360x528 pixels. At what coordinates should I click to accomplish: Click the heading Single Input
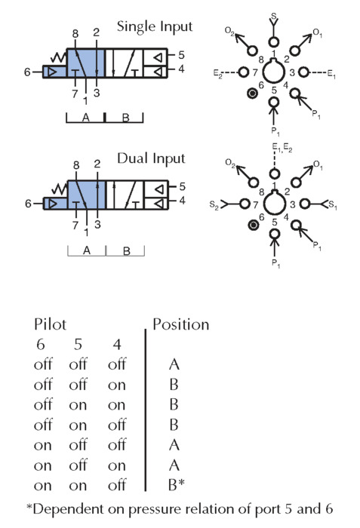(x=155, y=26)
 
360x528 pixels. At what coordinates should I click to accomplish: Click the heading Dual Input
(x=152, y=158)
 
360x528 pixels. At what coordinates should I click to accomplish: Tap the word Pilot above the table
(x=50, y=324)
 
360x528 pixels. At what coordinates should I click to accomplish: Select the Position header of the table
(x=181, y=324)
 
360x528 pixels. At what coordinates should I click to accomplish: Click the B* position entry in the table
(x=177, y=485)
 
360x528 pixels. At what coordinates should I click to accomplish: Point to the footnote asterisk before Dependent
(x=29, y=506)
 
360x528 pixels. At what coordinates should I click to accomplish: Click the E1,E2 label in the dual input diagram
(x=282, y=148)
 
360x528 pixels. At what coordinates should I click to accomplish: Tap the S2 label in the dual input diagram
(x=214, y=204)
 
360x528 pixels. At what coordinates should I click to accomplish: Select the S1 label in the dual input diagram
(x=332, y=204)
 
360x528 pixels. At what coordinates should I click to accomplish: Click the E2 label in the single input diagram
(x=218, y=73)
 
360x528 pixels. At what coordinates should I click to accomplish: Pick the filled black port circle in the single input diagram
(x=252, y=94)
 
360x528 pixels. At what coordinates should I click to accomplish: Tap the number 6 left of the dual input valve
(x=29, y=204)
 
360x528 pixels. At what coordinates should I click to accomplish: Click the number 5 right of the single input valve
(x=181, y=55)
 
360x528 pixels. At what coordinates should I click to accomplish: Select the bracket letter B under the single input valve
(x=126, y=118)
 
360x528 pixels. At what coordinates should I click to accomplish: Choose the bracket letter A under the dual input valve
(x=87, y=250)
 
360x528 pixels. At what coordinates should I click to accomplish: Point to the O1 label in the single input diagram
(x=318, y=33)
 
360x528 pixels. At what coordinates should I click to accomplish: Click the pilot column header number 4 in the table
(x=117, y=344)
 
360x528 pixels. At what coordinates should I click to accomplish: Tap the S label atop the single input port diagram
(x=274, y=16)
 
